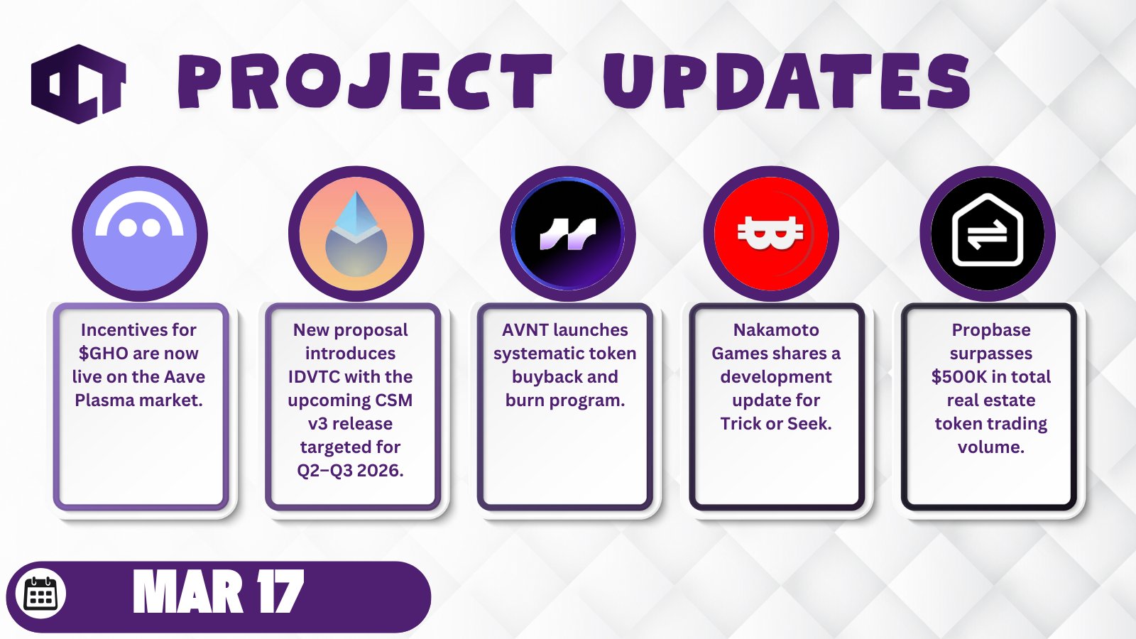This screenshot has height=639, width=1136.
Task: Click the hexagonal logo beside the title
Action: point(78,84)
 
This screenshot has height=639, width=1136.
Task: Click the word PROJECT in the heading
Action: point(365,82)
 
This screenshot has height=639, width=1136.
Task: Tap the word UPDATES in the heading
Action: point(787,81)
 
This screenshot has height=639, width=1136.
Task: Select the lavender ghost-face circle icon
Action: point(139,234)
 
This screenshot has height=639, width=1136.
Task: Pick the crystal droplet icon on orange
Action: point(356,234)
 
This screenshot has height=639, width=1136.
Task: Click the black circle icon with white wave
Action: point(567,234)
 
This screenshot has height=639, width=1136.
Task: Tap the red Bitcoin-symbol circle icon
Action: point(771,234)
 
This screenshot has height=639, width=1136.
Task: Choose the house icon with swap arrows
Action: point(988,234)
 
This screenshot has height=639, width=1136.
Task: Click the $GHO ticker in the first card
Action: point(103,354)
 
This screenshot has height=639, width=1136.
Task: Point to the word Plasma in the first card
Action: point(104,400)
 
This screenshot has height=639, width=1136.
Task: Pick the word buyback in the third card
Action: point(540,377)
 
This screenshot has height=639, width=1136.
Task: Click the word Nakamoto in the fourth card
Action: point(776,330)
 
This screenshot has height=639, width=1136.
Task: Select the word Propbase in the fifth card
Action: point(991,330)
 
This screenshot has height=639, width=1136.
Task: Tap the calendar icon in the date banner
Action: point(40,594)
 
